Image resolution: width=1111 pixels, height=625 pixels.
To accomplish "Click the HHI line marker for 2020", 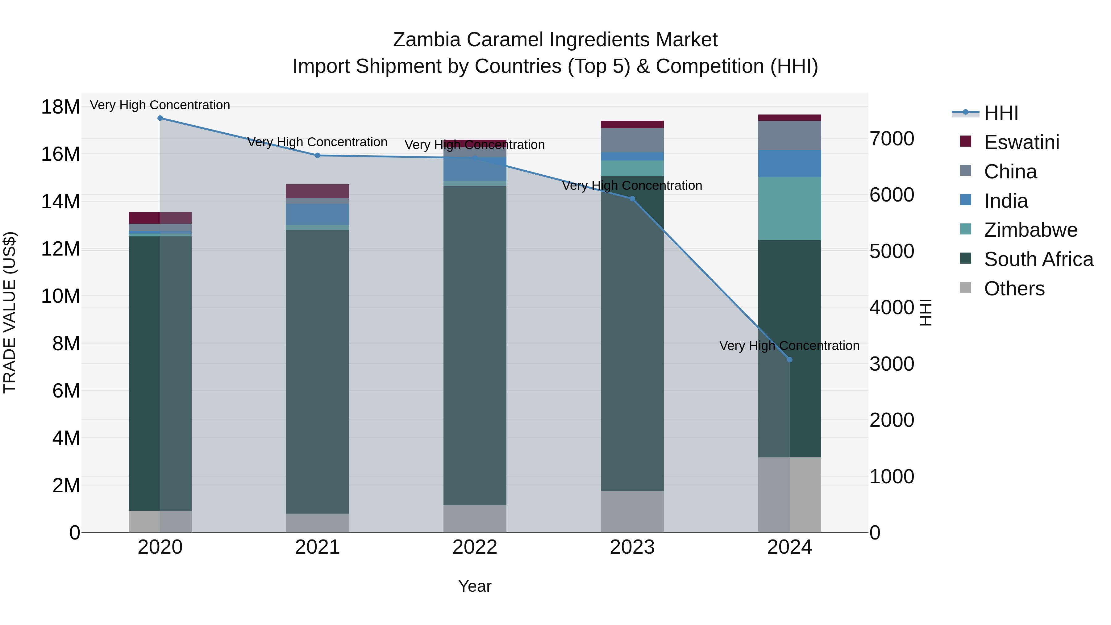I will (x=160, y=118).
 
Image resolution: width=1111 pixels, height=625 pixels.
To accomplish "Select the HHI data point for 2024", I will (x=790, y=360).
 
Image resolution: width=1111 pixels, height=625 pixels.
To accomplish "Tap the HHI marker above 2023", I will (x=632, y=199).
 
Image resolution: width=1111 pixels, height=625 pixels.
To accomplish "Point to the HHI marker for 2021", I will (x=318, y=155).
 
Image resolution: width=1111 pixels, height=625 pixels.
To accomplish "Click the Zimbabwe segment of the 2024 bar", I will (x=790, y=208).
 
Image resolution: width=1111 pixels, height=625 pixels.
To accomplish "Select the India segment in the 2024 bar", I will (x=790, y=164).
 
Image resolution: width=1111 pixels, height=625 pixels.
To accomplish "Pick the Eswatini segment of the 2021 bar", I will (x=318, y=191).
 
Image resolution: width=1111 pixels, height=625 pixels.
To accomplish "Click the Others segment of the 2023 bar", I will (x=632, y=511).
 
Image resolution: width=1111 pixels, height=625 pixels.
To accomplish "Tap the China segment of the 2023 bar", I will (x=632, y=140).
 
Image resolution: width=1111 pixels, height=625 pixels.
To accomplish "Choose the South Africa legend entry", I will (x=1038, y=259).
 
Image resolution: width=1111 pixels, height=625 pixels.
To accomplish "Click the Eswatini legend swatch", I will (x=966, y=141).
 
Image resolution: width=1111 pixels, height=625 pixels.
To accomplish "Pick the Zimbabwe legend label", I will (x=1031, y=230).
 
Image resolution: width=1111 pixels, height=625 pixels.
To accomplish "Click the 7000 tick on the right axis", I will (x=892, y=139).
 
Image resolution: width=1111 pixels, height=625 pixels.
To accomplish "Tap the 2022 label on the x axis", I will (x=475, y=547).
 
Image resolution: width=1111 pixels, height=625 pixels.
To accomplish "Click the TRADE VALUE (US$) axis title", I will (x=10, y=312).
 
